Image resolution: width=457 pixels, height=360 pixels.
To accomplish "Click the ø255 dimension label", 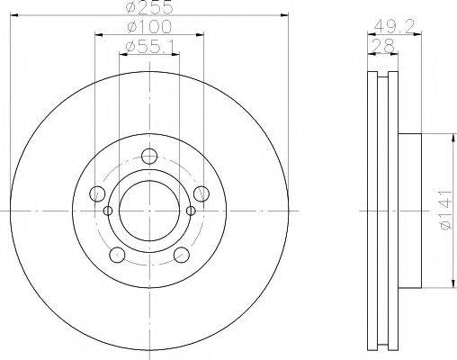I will (x=149, y=6).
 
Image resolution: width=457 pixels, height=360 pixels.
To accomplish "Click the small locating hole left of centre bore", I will (x=108, y=211).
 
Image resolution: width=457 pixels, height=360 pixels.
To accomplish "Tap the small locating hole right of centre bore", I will (x=191, y=211).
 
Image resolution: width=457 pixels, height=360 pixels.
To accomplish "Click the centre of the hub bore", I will (x=149, y=210).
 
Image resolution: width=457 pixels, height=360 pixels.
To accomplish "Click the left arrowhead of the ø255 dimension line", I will (x=16, y=15).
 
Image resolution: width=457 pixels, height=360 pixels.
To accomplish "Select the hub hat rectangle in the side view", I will (x=409, y=211).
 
